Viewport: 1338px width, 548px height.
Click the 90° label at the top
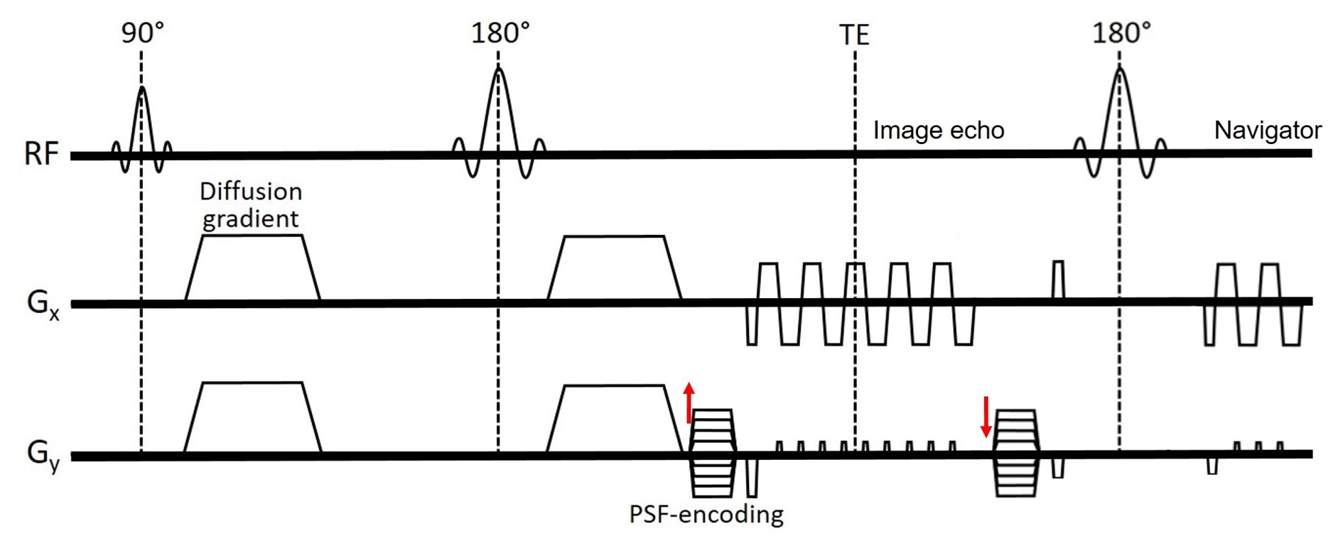(x=142, y=33)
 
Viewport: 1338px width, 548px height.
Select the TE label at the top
(x=854, y=35)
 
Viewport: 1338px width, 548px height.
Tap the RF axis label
(x=41, y=154)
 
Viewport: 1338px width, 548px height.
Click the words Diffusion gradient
(x=251, y=205)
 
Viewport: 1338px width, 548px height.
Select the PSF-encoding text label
(x=706, y=514)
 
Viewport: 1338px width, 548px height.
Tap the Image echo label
(x=938, y=131)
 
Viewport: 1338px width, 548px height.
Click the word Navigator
(x=1267, y=131)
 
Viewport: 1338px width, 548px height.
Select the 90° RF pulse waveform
(x=142, y=131)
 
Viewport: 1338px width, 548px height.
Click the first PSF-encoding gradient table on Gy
(x=713, y=452)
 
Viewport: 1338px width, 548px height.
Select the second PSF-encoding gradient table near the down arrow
(x=1016, y=452)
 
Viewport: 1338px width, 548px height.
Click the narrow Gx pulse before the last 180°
(x=1058, y=280)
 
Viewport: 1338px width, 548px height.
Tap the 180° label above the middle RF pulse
(x=500, y=33)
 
